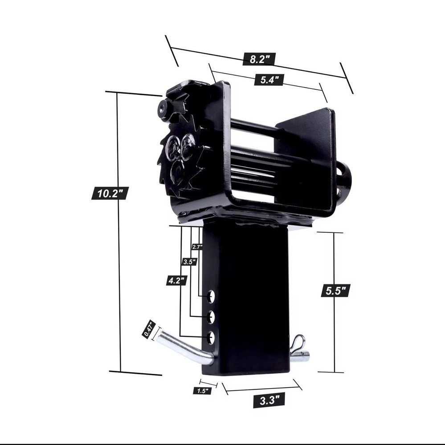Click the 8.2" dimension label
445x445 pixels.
(259, 58)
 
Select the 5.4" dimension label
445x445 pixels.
(269, 80)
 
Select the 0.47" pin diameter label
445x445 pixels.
(148, 329)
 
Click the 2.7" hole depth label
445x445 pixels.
(197, 247)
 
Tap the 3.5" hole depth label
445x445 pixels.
(189, 262)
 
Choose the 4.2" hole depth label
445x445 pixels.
(176, 280)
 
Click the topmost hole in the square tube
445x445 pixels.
(211, 295)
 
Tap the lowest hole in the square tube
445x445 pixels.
(211, 337)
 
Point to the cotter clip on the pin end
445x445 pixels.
(297, 345)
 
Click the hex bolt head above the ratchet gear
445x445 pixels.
(163, 108)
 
